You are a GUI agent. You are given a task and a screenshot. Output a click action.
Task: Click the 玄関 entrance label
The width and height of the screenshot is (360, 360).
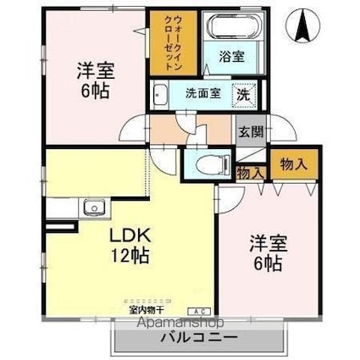point(250,132)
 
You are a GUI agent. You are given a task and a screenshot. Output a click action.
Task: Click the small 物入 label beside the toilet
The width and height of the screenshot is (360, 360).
point(250,172)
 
